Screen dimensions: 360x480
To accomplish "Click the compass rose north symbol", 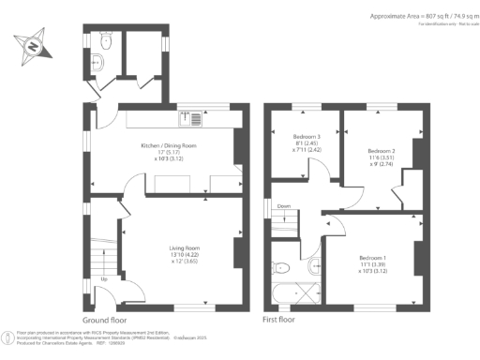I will pos(33,45).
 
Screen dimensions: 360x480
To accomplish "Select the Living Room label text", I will pos(184,247).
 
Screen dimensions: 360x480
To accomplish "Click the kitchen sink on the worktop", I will pos(188,118).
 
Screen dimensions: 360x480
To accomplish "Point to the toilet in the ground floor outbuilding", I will pos(106,42).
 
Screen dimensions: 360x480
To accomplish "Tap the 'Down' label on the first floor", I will pos(283,205).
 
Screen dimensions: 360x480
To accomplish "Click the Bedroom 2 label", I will pos(380,151).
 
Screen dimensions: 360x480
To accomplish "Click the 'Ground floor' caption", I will pos(106,320).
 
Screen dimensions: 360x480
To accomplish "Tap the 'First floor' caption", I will pos(282,320).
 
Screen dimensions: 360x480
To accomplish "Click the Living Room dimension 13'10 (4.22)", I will pos(185,254).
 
